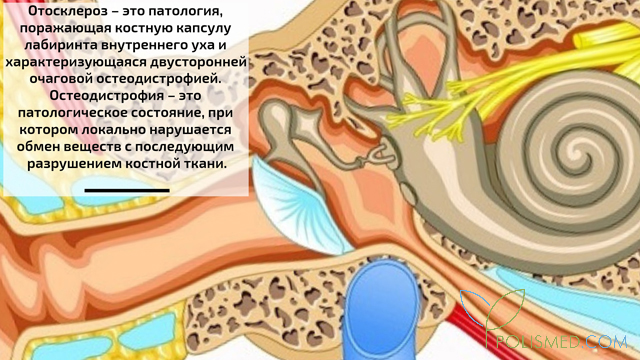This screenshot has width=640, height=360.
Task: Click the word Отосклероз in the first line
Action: pyautogui.click(x=68, y=12)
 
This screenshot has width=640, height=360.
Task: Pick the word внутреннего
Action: pyautogui.click(x=153, y=46)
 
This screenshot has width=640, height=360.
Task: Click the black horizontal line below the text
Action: pyautogui.click(x=127, y=189)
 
